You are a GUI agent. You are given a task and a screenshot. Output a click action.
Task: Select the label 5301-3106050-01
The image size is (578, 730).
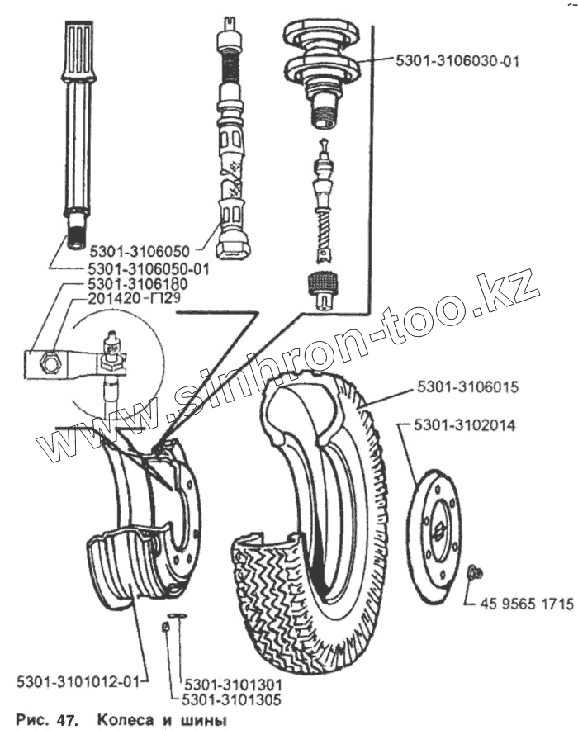[149, 268]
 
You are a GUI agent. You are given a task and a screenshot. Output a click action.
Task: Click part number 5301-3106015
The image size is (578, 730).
[467, 386]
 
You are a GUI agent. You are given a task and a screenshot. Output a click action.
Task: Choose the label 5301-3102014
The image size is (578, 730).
[467, 427]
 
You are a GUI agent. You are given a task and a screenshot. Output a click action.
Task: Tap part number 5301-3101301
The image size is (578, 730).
[234, 685]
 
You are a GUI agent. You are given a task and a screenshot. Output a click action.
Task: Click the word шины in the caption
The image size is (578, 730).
[202, 720]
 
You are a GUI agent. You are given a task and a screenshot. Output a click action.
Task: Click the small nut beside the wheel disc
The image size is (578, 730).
[476, 571]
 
